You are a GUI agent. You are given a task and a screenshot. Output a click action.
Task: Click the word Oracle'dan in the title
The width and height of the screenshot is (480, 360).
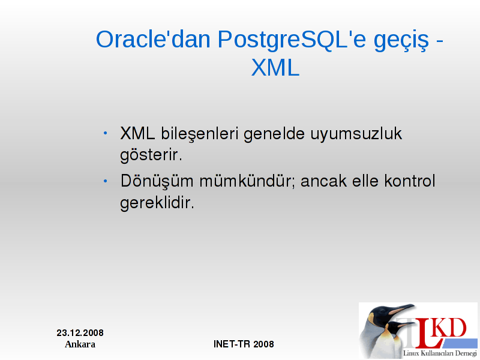pos(154,39)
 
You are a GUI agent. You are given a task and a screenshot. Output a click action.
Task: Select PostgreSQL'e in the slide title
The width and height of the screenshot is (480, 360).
pos(292,40)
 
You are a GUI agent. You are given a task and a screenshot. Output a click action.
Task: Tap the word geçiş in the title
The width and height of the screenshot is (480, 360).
pos(401,41)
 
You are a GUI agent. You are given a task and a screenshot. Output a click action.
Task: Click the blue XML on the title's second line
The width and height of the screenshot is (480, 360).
pos(275,67)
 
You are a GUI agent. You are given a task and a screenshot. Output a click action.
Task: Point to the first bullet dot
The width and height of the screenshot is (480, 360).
pos(106,133)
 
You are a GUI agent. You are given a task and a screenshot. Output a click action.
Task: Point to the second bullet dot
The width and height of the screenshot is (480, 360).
pos(106,181)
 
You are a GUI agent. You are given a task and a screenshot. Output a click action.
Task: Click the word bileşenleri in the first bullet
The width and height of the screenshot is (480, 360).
pos(200,134)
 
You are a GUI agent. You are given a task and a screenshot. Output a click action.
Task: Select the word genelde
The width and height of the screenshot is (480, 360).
pos(274,134)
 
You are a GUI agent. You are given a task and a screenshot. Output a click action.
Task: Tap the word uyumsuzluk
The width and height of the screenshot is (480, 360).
pos(356,134)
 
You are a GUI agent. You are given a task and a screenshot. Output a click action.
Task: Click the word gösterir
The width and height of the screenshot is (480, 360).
pos(151,155)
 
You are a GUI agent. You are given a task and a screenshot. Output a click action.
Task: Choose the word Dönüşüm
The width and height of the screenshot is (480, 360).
pos(157,181)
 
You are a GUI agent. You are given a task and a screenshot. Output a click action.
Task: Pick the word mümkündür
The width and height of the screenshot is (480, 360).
pos(247,181)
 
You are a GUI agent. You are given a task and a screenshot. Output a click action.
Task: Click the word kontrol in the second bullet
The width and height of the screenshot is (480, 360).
pos(410,181)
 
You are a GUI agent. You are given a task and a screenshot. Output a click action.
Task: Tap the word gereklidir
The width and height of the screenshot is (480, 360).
pos(157,203)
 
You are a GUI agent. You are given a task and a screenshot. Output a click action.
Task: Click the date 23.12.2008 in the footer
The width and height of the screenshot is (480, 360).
pos(80,333)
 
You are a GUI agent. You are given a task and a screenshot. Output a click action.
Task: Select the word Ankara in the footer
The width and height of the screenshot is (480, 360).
pos(80,344)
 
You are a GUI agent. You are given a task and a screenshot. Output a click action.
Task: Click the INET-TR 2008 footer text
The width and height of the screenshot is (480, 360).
pos(244,344)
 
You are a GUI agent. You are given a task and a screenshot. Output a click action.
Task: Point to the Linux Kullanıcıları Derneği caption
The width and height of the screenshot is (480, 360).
pos(440,353)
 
